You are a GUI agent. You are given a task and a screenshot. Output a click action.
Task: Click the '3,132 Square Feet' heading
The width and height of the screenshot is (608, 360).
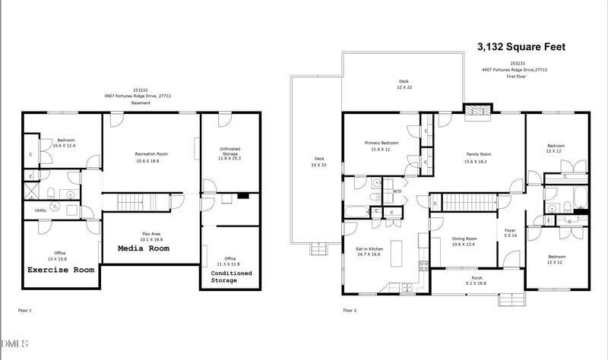pos(521,47)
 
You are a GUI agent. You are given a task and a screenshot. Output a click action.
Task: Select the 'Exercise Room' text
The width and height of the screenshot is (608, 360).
pos(61,270)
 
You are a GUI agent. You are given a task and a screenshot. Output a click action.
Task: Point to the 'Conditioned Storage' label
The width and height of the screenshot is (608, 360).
pos(231,276)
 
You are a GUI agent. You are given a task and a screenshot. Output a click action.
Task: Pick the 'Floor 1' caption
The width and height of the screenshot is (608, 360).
pos(24,311)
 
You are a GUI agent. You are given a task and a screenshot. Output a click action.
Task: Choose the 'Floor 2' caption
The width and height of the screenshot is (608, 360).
pos(350,311)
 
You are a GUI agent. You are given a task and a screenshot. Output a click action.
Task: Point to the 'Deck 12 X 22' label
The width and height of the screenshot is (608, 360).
pos(404,84)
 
